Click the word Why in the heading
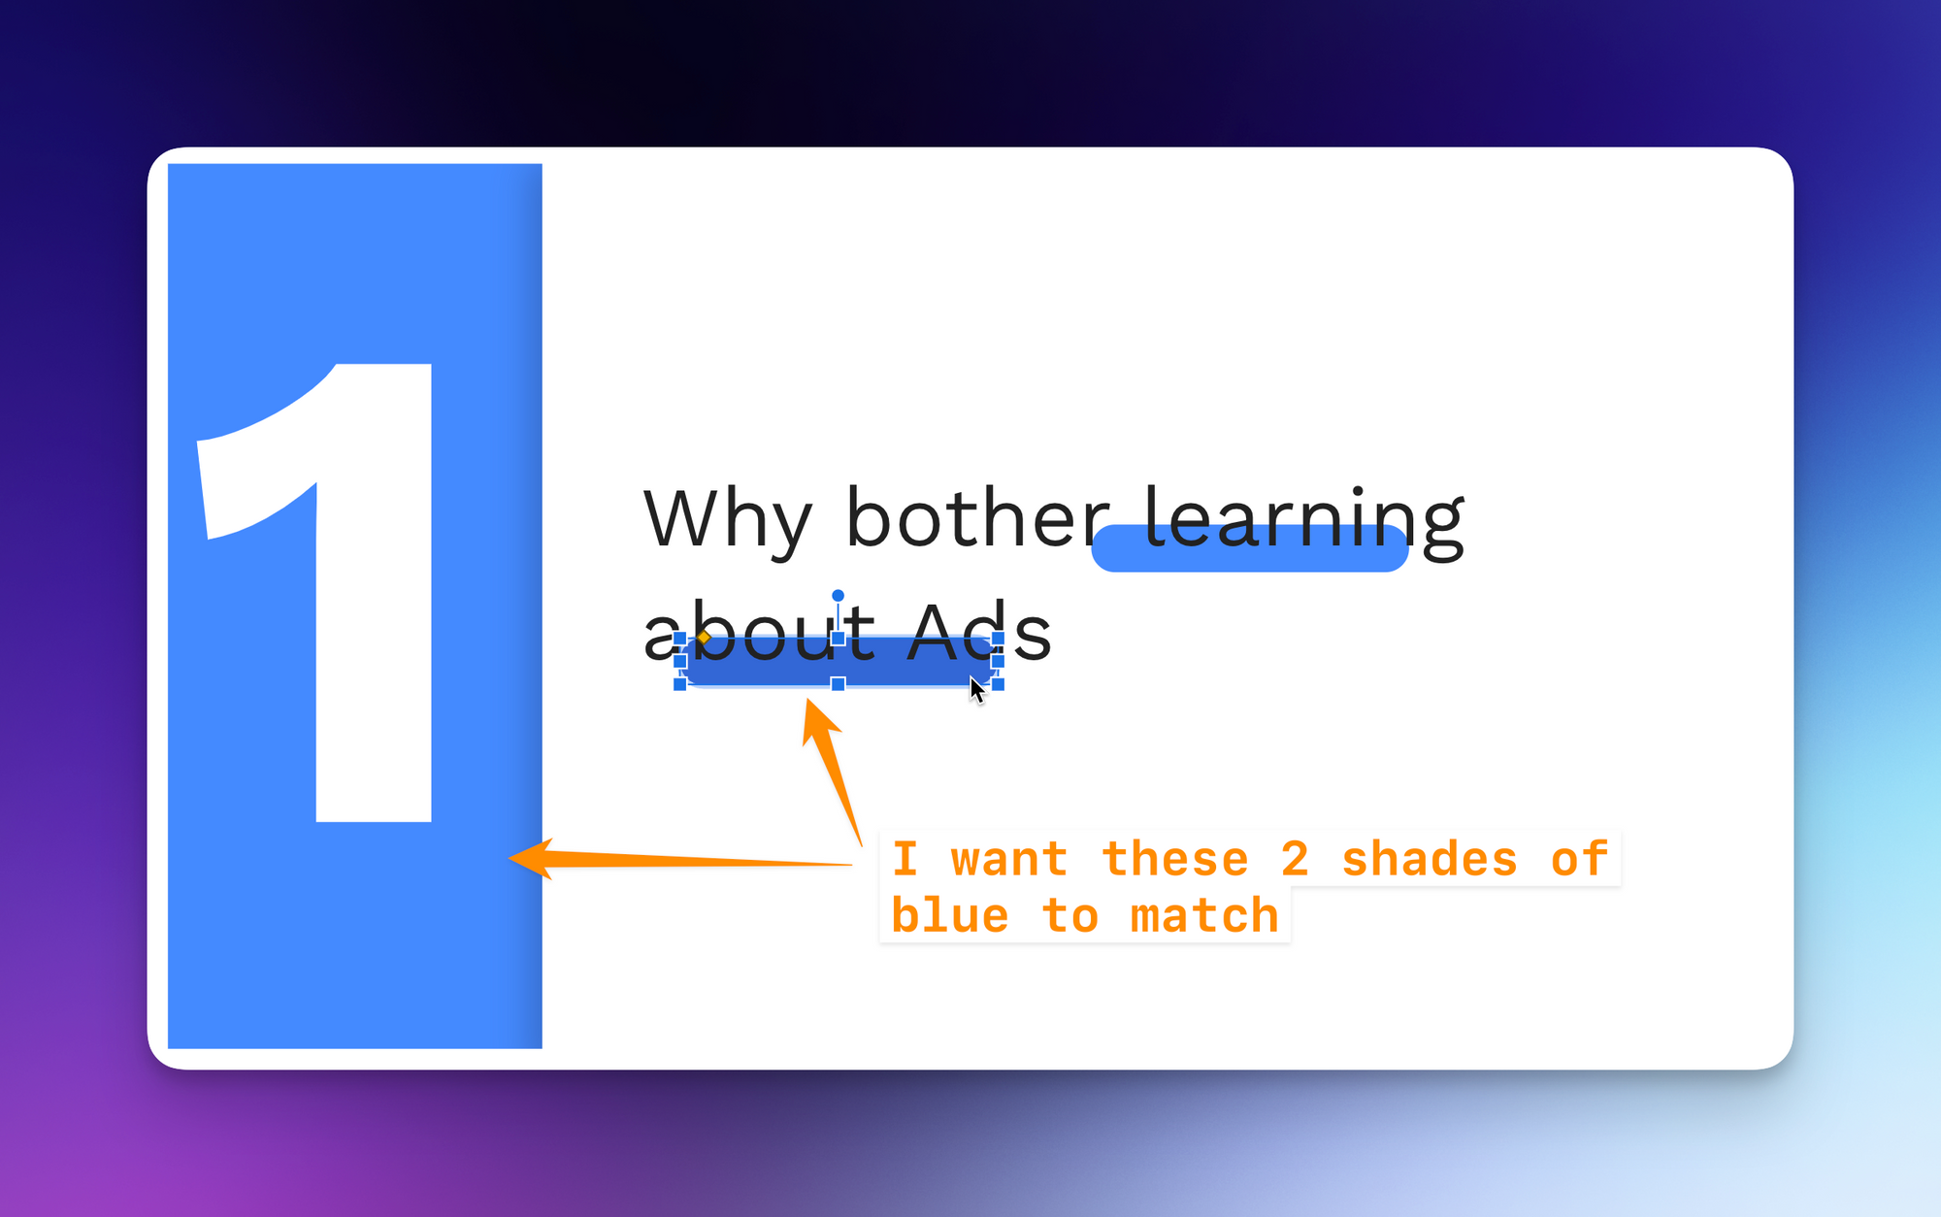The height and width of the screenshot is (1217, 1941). tap(728, 521)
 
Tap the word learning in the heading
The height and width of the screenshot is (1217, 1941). tap(1303, 522)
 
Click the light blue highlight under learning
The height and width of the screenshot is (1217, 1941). tap(1250, 548)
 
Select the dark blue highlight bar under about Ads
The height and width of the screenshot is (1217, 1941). tap(839, 661)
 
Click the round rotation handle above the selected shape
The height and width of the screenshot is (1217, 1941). tap(838, 595)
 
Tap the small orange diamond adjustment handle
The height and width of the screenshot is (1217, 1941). tap(704, 638)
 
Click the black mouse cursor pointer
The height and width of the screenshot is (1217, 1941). tap(976, 689)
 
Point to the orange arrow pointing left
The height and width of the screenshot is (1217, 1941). tap(679, 860)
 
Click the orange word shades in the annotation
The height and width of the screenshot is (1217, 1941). tap(1430, 860)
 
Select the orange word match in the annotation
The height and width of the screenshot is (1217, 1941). tap(1204, 916)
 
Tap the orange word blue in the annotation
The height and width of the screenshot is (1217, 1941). tap(950, 916)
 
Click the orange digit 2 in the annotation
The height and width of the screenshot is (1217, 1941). tap(1296, 860)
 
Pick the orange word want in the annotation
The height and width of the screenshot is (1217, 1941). tap(1009, 861)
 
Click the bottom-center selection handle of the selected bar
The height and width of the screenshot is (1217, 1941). tap(838, 684)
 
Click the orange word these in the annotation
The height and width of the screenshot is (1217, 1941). tap(1175, 860)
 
